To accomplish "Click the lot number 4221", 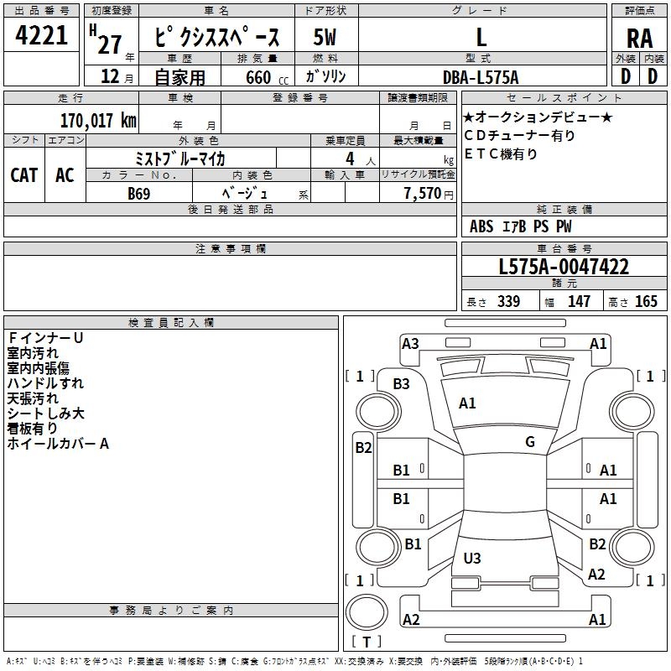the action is (41, 37).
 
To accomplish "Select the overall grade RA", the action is (639, 38).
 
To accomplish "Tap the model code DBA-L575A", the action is (481, 77).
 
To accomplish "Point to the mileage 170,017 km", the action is (98, 120).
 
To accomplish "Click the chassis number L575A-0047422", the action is (564, 267).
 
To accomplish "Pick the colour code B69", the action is (139, 193).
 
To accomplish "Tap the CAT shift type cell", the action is (23, 175).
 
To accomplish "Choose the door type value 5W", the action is (324, 38).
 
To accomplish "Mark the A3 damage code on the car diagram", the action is (410, 343).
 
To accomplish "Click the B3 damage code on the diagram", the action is (402, 384).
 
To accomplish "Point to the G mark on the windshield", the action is (530, 442).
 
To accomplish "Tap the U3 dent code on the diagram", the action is (472, 558).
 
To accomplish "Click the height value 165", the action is (646, 301).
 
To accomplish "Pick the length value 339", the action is (508, 301).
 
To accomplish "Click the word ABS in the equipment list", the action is (481, 226).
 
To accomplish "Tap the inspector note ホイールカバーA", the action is (58, 443).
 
